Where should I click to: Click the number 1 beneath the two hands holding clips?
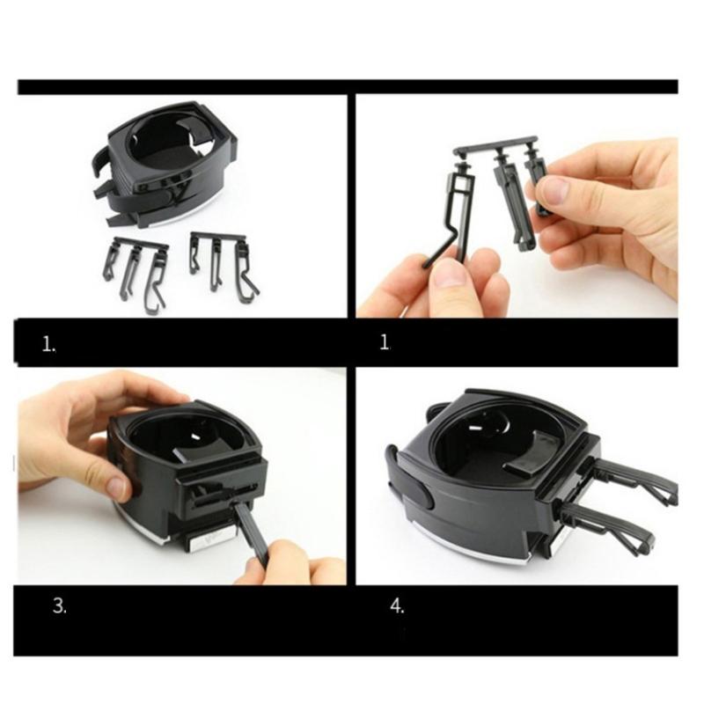pyautogui.click(x=384, y=343)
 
